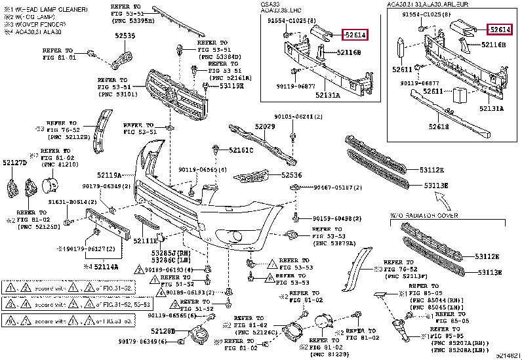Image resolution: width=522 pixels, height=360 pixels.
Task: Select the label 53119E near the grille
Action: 231,85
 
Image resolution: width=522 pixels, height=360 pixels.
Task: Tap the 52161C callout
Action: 241,150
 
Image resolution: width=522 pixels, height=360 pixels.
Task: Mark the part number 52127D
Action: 14,162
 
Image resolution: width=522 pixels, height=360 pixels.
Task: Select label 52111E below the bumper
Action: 146,241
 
